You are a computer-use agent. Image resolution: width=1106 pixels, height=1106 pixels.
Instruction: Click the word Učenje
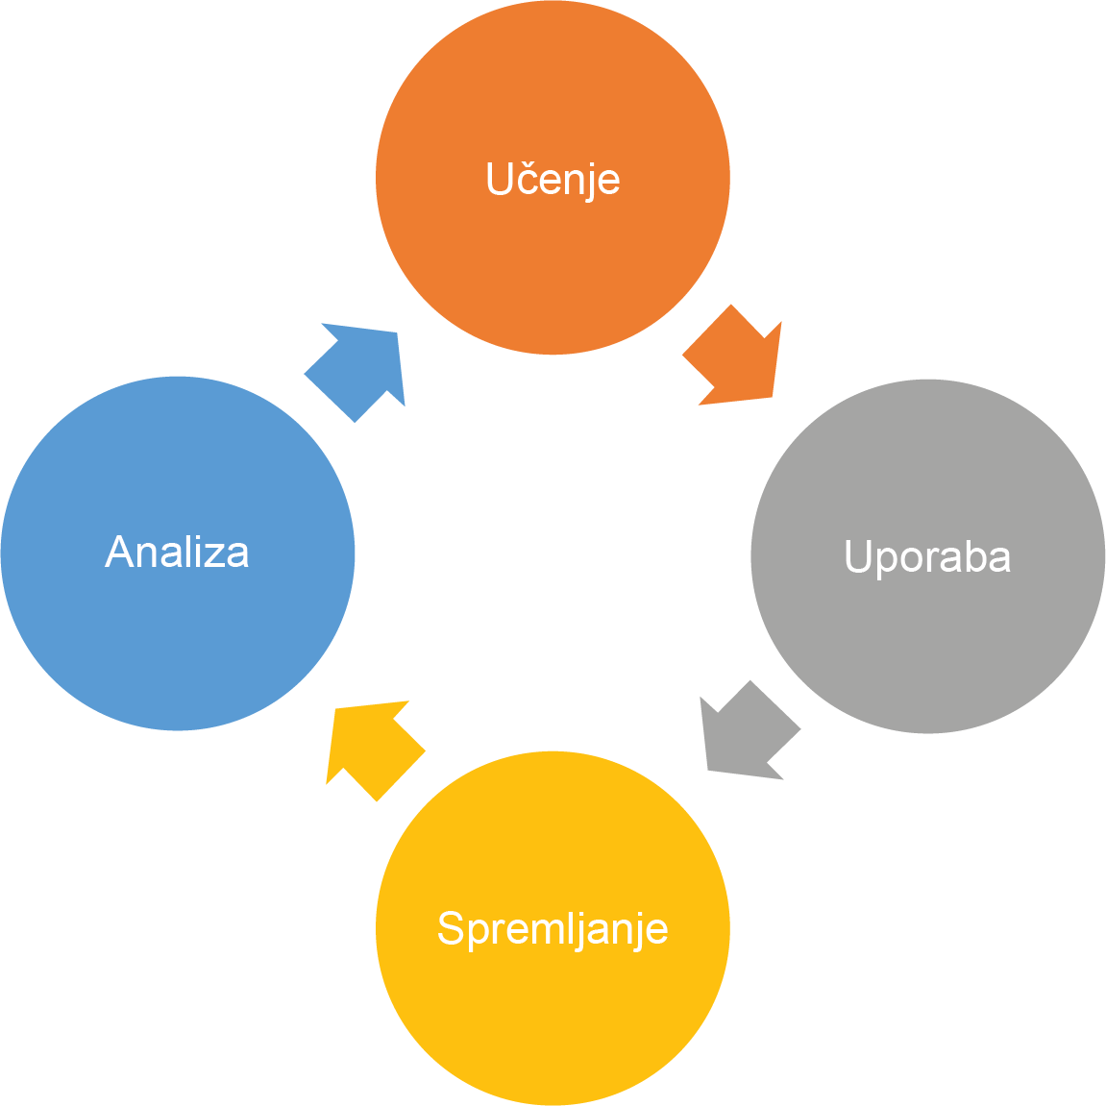(x=553, y=180)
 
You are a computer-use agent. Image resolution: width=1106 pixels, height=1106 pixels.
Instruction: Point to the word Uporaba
(x=927, y=557)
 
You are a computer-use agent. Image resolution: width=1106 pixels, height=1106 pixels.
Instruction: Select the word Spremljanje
(x=553, y=928)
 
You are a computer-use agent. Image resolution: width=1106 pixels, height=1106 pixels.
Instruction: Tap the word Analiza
(x=178, y=553)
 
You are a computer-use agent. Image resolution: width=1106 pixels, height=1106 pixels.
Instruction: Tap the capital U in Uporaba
(x=857, y=556)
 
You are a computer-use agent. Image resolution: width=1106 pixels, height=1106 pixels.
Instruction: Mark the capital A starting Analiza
(x=118, y=553)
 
